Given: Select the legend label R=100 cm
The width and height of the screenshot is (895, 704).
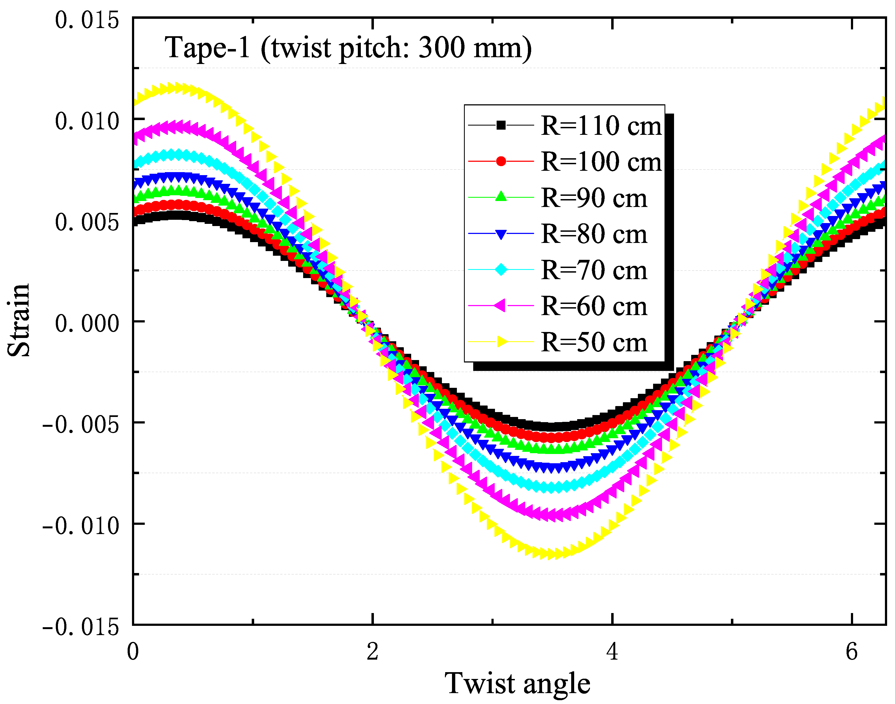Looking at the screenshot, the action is [x=601, y=161].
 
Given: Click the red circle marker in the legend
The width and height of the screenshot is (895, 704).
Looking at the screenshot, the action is [x=501, y=161].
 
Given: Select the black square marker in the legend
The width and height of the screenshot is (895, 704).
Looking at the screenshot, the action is [x=501, y=125].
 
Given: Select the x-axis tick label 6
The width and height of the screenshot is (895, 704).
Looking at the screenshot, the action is [x=852, y=652].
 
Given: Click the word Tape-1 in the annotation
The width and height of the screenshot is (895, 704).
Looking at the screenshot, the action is [x=208, y=48].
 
